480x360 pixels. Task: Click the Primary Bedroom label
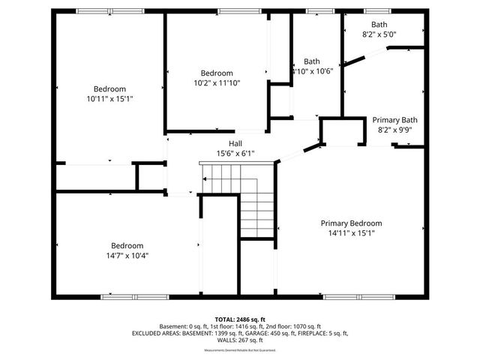pos(351,223)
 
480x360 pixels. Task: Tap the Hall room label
pos(235,144)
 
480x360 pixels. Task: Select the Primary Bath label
pos(394,120)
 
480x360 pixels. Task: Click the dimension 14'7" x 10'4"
pos(127,255)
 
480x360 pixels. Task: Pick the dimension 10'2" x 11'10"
pos(216,83)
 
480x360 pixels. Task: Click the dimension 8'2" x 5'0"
pos(379,34)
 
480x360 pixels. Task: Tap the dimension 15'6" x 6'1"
pos(235,154)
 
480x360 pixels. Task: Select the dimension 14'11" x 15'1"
pos(351,233)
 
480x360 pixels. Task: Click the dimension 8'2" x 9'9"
pos(394,130)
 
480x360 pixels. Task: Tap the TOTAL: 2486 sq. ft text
pos(240,319)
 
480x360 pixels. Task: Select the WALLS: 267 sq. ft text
pos(240,340)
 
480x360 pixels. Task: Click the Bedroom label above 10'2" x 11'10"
pos(216,73)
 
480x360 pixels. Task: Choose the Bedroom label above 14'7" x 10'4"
pos(127,245)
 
